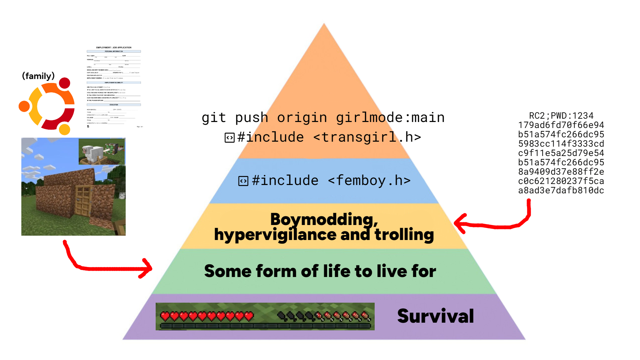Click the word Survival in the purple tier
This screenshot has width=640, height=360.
pyautogui.click(x=435, y=316)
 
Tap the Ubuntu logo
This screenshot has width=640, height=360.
pyautogui.click(x=48, y=106)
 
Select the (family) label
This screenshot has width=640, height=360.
pyautogui.click(x=38, y=76)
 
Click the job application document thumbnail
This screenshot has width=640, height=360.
pyautogui.click(x=114, y=87)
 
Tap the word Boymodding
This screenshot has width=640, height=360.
pyautogui.click(x=324, y=219)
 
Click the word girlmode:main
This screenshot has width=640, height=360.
pyautogui.click(x=390, y=118)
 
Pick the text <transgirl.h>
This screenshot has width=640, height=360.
pyautogui.click(x=367, y=137)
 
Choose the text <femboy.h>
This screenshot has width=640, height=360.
pyautogui.click(x=369, y=180)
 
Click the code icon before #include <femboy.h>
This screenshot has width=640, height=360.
pyautogui.click(x=243, y=181)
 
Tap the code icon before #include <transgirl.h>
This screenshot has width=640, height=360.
pyautogui.click(x=230, y=138)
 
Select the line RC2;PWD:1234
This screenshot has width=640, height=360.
pyautogui.click(x=561, y=116)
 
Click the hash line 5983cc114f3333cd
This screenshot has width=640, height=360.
pyautogui.click(x=561, y=144)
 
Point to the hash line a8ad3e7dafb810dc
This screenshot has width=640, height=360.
pyautogui.click(x=561, y=190)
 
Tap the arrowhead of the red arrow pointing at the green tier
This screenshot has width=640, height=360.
pyautogui.click(x=148, y=268)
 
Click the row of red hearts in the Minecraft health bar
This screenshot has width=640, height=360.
pyautogui.click(x=207, y=315)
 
